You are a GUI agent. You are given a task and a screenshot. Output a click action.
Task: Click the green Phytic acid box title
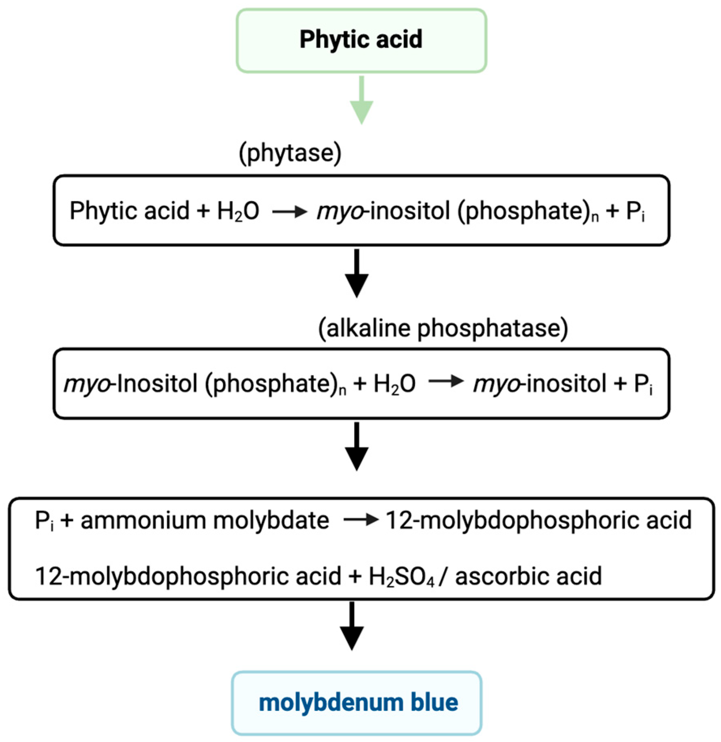point(360,39)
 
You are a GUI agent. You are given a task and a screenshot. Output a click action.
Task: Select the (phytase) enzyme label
point(290,153)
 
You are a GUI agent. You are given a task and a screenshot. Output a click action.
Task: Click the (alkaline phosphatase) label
point(443,328)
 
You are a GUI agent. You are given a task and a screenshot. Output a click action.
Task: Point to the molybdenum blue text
point(358,702)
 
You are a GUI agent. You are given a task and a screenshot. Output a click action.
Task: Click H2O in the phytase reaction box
point(238,211)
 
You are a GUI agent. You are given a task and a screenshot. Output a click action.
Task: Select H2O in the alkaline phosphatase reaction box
point(394,384)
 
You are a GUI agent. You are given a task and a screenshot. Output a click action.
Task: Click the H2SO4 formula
point(401,576)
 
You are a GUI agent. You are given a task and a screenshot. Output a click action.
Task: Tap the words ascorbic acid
point(528,576)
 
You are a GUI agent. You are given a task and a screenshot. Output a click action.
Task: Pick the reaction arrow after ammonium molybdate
point(360,520)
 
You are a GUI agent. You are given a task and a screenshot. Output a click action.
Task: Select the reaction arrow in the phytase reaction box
point(289,211)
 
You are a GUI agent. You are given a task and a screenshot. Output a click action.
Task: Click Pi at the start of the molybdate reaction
point(44,521)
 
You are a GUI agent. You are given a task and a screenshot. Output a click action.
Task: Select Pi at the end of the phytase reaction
point(635,211)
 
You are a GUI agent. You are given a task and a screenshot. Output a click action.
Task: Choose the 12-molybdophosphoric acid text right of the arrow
point(538,520)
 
